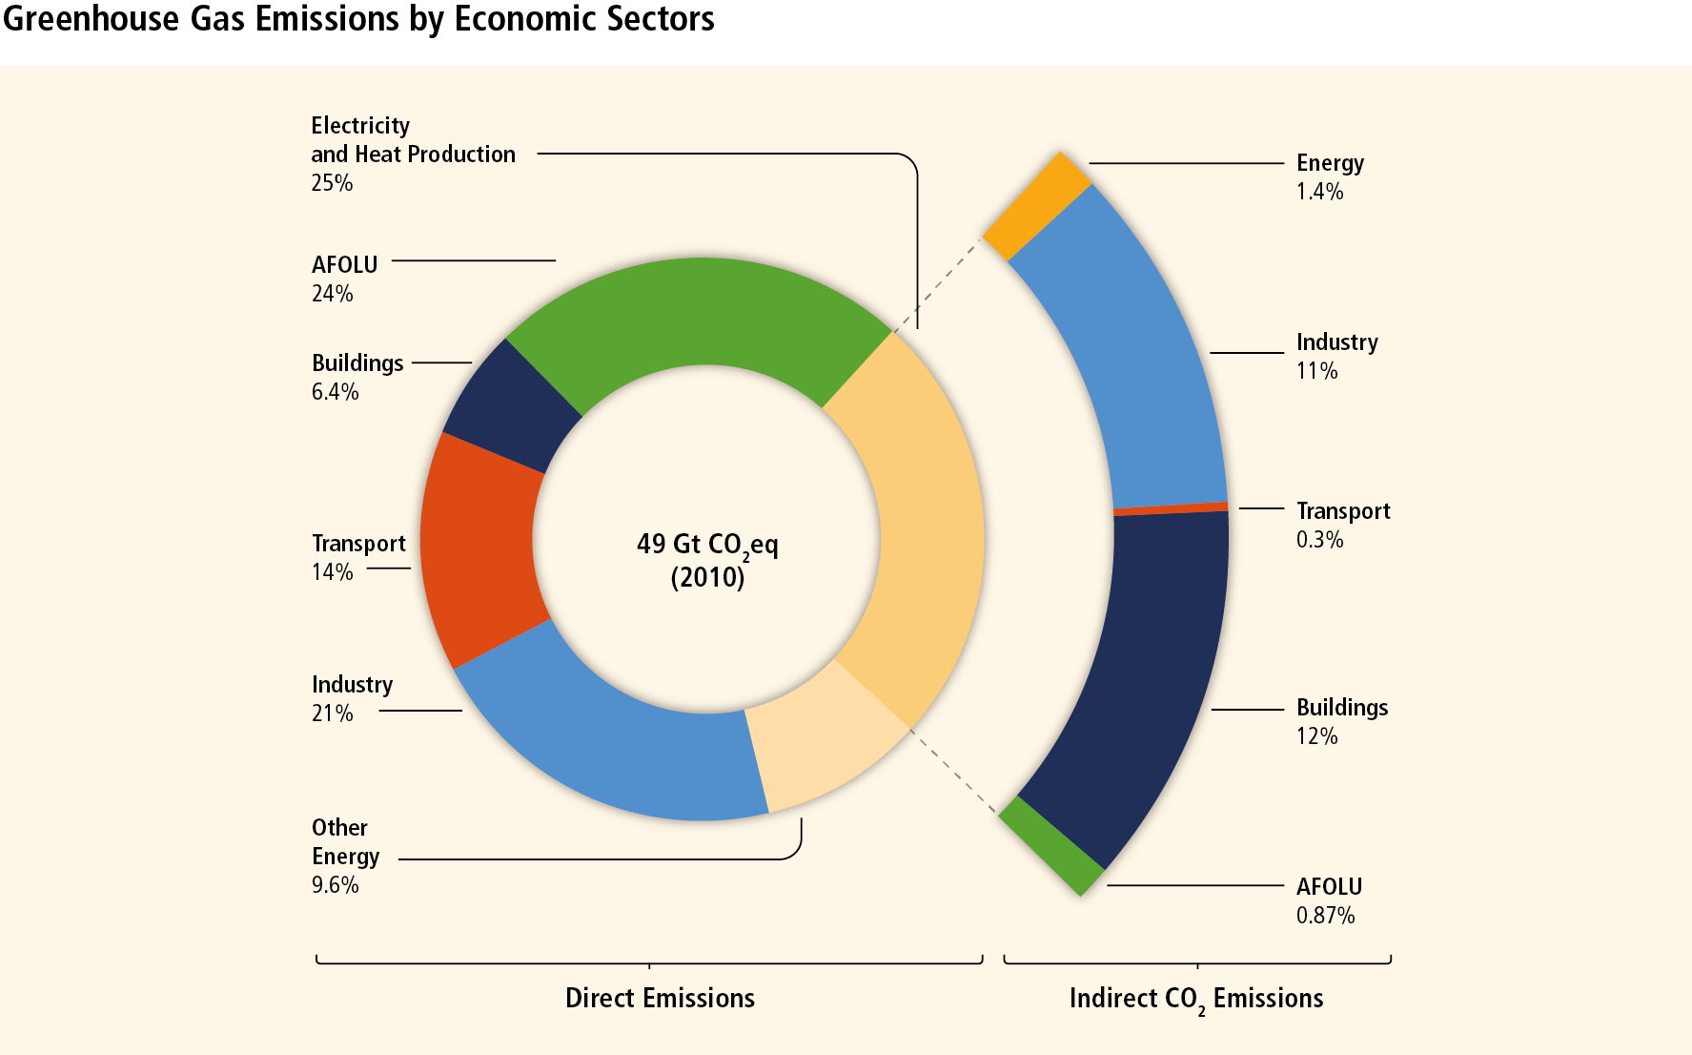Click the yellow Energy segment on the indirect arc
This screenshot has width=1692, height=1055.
click(1037, 206)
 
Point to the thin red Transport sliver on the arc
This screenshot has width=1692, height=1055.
click(1171, 508)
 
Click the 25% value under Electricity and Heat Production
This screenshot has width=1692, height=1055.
click(332, 183)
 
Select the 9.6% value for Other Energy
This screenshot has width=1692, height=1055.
click(335, 885)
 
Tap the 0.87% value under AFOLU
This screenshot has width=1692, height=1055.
click(1325, 916)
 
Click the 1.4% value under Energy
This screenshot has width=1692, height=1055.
click(1319, 192)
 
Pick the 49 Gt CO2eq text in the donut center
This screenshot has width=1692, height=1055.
click(706, 545)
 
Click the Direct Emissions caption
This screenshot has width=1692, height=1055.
click(660, 998)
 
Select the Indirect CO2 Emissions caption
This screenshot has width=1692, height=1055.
click(1196, 999)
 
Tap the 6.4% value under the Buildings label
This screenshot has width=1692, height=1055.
click(335, 392)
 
